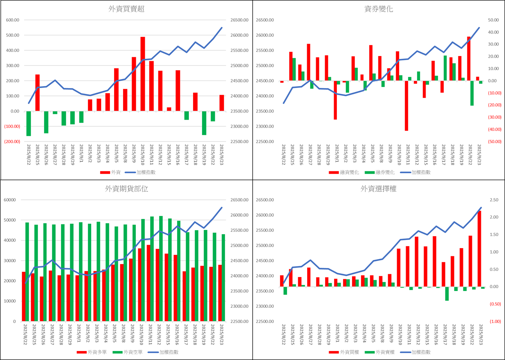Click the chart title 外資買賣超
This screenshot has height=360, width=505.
point(127,9)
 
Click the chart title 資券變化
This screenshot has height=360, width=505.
point(378,9)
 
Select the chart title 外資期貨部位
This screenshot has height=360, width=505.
point(127,189)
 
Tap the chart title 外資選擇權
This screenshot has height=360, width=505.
point(378,189)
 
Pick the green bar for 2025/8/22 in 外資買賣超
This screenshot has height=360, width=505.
point(28,124)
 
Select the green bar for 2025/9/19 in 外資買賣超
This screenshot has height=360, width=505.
point(204,123)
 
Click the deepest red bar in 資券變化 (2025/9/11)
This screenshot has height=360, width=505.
point(406,106)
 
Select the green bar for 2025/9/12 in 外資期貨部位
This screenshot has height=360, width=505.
point(161,268)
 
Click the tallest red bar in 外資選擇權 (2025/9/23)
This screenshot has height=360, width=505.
point(479,249)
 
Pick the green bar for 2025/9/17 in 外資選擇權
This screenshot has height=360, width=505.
point(447,294)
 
